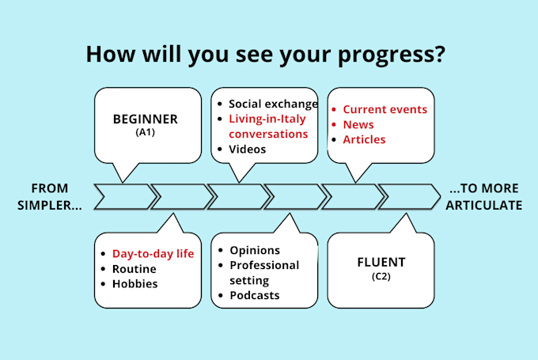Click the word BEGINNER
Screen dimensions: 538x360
[x=145, y=119]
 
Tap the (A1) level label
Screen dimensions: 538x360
[x=145, y=132]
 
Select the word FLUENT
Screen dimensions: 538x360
[x=381, y=262]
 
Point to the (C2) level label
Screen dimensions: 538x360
[x=381, y=276]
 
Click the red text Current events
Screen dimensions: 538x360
[x=385, y=109]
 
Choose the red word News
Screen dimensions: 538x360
[x=358, y=124]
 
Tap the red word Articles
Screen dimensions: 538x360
[x=364, y=139]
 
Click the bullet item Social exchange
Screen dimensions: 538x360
[x=273, y=104]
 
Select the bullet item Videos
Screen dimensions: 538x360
[x=247, y=150]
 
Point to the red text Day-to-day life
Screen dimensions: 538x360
[x=153, y=254]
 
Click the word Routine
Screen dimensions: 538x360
[x=134, y=269]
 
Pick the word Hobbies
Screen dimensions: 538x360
[x=134, y=284]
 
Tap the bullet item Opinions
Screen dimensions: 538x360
[x=255, y=251]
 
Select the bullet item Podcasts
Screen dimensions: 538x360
[x=255, y=295]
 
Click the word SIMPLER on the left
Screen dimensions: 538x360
[x=45, y=205]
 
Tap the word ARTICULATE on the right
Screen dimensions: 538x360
[x=483, y=205]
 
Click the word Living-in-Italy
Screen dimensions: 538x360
[x=267, y=119]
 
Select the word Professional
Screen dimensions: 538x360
[x=264, y=265]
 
